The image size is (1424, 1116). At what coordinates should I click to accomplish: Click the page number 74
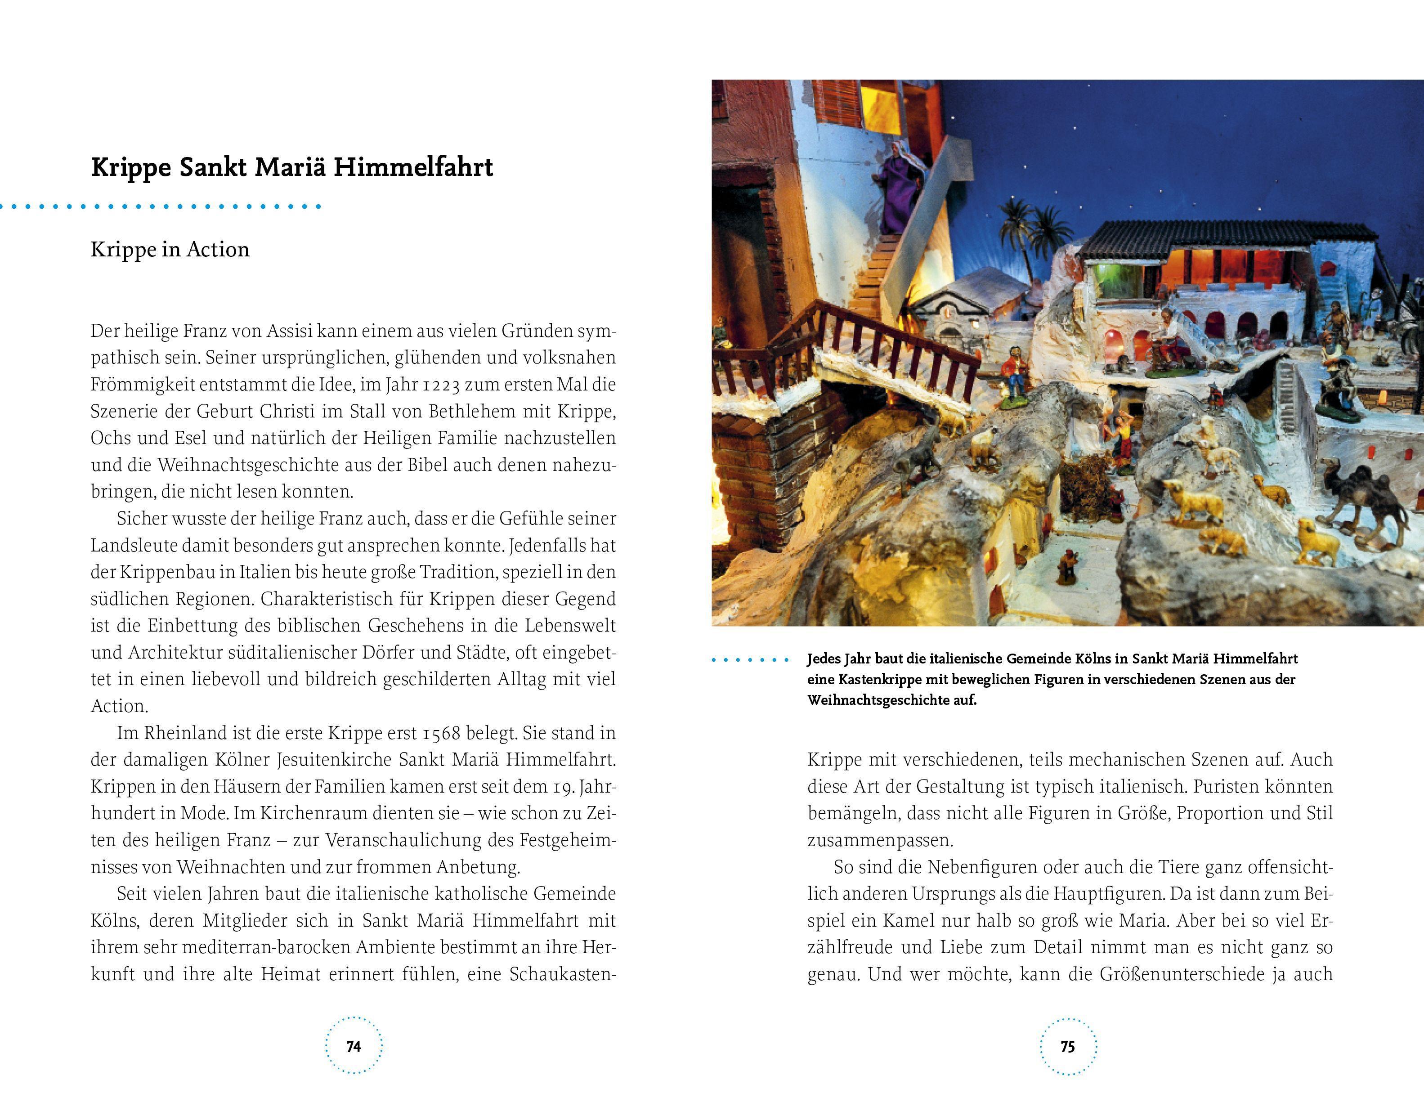(354, 1047)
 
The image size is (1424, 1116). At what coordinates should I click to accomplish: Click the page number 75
(1067, 1047)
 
